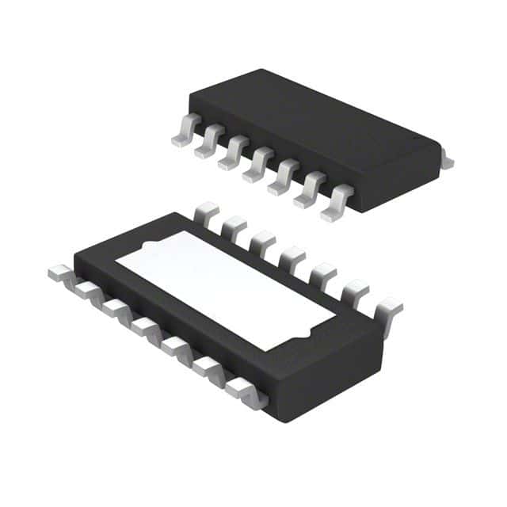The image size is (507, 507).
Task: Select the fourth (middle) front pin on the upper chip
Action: [257, 168]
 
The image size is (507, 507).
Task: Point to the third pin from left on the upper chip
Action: [231, 156]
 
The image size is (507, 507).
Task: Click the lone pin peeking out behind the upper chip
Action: [447, 162]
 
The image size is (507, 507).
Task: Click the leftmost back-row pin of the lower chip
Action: [207, 212]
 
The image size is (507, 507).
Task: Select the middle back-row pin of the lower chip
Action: [291, 257]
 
